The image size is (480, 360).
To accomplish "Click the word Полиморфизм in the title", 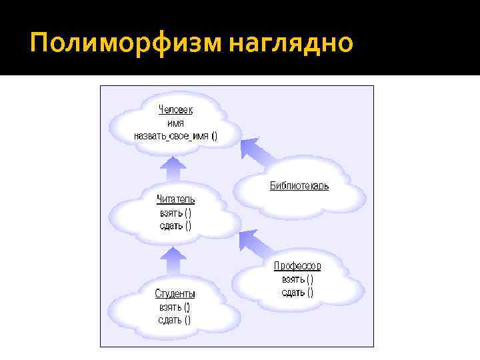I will [x=126, y=43].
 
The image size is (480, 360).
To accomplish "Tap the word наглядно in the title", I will [x=290, y=43].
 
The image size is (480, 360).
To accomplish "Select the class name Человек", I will [x=176, y=110].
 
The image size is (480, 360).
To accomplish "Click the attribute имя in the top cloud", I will [x=175, y=123].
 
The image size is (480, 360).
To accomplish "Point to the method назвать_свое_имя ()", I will [x=175, y=136].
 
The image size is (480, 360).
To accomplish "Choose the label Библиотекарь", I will [x=299, y=186].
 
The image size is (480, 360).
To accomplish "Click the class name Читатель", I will [x=175, y=199].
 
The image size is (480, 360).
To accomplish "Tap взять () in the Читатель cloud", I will [x=175, y=213].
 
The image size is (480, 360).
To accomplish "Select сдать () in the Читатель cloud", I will [x=175, y=225].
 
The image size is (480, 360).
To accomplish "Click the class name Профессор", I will [x=297, y=266].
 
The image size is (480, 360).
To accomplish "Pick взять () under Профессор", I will [x=297, y=279].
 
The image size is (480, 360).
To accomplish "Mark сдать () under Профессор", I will [x=297, y=292].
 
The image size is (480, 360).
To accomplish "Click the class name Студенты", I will [x=175, y=293].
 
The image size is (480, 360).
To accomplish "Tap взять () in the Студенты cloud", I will [x=175, y=307].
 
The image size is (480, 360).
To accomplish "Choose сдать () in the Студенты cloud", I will [x=175, y=319].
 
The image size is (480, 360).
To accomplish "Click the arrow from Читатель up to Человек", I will [x=174, y=169].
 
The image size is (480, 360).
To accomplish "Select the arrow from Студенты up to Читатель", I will [x=174, y=261].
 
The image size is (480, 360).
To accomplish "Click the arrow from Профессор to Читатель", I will [x=257, y=243].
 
